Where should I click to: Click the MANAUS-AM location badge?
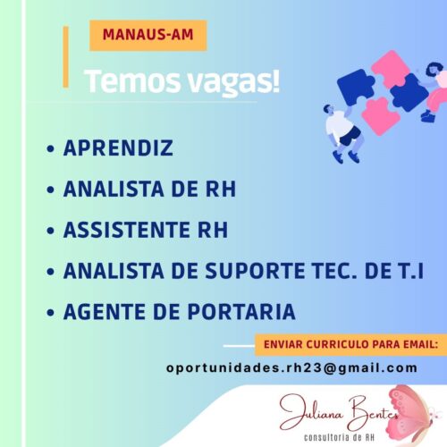(x=148, y=36)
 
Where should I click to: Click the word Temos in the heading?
(x=133, y=81)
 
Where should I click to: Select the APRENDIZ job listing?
(x=118, y=148)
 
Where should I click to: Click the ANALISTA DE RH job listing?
(x=149, y=189)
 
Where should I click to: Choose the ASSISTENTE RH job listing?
(x=146, y=230)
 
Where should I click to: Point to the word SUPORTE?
(x=255, y=271)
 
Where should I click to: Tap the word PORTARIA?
(x=241, y=312)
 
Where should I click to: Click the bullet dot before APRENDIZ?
(x=51, y=148)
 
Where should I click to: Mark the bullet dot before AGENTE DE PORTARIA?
(x=51, y=312)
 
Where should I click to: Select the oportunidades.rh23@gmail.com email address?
(x=291, y=368)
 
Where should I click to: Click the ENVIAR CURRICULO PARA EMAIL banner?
(x=351, y=345)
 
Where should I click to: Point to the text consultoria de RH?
(x=339, y=437)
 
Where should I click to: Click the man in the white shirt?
(x=342, y=133)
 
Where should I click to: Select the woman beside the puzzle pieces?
(x=434, y=92)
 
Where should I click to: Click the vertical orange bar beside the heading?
(x=66, y=57)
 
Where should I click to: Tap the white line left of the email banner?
(x=239, y=346)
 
